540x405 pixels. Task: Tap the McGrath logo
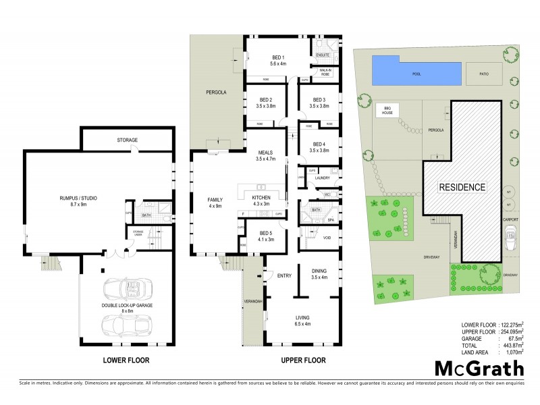pos(478,368)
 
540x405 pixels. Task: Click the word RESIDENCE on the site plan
pos(462,187)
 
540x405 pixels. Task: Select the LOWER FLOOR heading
pos(126,360)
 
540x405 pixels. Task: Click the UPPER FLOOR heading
pos(303,360)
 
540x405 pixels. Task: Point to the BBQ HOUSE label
pos(387,110)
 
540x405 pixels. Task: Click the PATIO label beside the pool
pos(483,74)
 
